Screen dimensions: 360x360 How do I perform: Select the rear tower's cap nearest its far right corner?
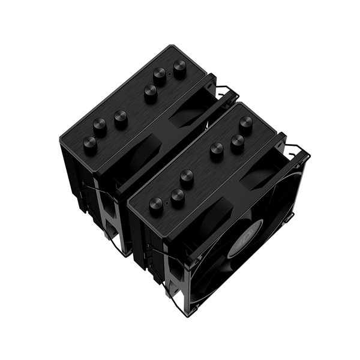179,65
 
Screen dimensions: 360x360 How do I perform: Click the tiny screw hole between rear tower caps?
169,76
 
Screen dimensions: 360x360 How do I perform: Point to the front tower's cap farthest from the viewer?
245,123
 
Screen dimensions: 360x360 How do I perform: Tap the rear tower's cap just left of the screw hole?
160,75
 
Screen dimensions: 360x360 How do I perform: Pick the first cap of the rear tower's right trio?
150,92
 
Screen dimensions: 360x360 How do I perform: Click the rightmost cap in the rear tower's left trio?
121,118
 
